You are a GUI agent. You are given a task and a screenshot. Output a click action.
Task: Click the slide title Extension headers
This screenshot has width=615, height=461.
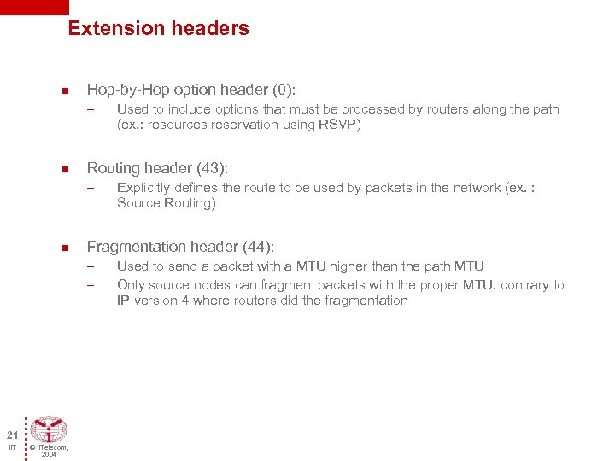158,28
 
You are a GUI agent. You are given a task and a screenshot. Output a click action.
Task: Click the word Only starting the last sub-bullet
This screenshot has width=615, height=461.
131,285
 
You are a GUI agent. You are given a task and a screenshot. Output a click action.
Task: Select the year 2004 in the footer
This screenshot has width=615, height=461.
49,455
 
